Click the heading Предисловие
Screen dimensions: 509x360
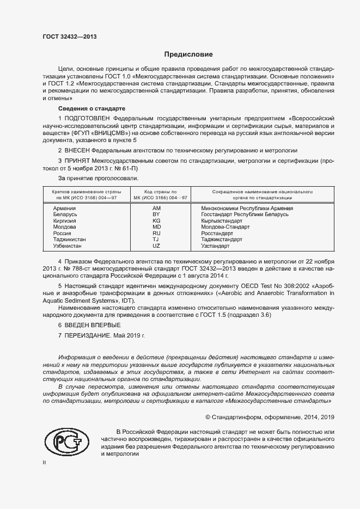[189, 54]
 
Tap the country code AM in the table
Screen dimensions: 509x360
[157, 208]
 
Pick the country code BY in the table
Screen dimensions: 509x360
[157, 214]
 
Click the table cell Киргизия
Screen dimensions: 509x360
[64, 220]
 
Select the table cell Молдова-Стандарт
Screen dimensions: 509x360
[225, 227]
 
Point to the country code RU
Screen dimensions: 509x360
[157, 233]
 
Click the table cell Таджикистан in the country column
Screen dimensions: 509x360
[68, 239]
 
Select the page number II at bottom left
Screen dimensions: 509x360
[45, 462]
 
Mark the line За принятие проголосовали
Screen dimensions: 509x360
[98, 177]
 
